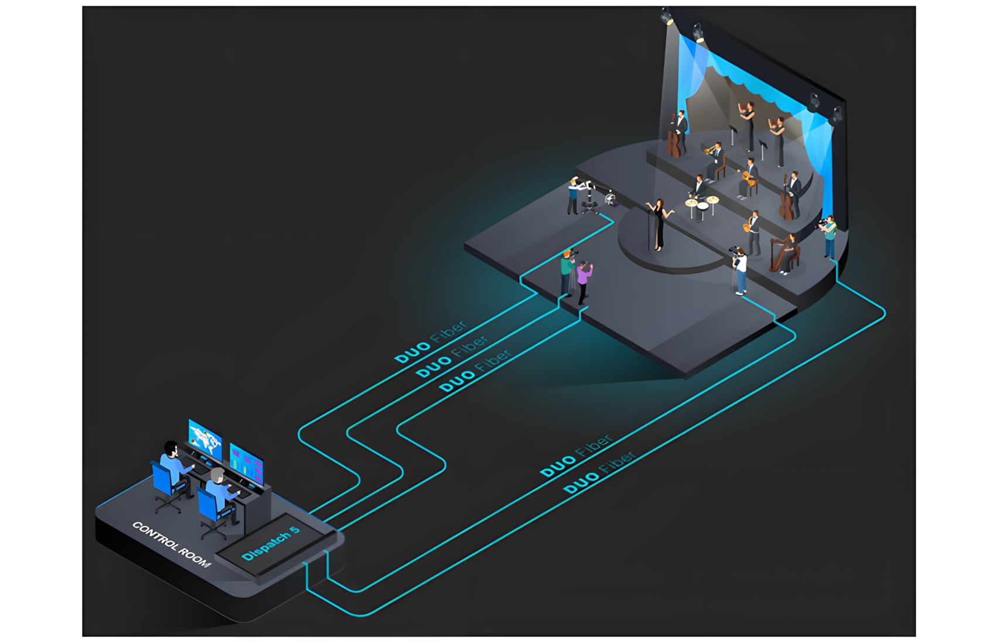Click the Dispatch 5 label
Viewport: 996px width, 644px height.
coord(271,543)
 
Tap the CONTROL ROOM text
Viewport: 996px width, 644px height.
coord(172,544)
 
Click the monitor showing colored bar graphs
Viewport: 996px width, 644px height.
coord(246,464)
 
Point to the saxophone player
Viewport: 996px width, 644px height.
coord(753,233)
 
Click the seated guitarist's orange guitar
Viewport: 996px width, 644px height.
coord(748,178)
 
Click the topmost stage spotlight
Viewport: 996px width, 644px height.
coord(666,16)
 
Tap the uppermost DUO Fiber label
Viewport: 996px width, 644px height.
coord(431,341)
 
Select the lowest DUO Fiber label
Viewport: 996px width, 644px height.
coord(600,472)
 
